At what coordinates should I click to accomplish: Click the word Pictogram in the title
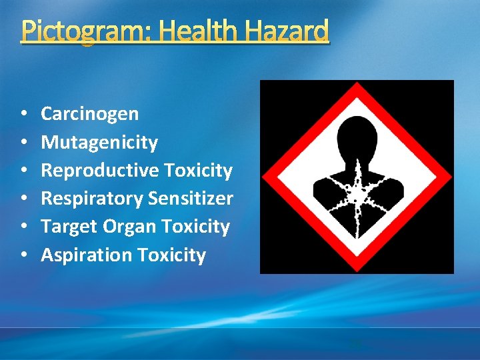tap(67, 31)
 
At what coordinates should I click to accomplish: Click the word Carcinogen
tap(90, 114)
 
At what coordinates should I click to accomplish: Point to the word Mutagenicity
tap(99, 143)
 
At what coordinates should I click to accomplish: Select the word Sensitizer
tap(191, 199)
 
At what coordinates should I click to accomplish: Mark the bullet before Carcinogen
tap(23, 114)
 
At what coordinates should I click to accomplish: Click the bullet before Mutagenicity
tap(23, 143)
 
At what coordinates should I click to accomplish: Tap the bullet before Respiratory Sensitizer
tap(23, 199)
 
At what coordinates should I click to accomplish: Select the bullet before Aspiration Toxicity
tap(23, 255)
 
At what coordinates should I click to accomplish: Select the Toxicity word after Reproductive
tap(198, 171)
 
